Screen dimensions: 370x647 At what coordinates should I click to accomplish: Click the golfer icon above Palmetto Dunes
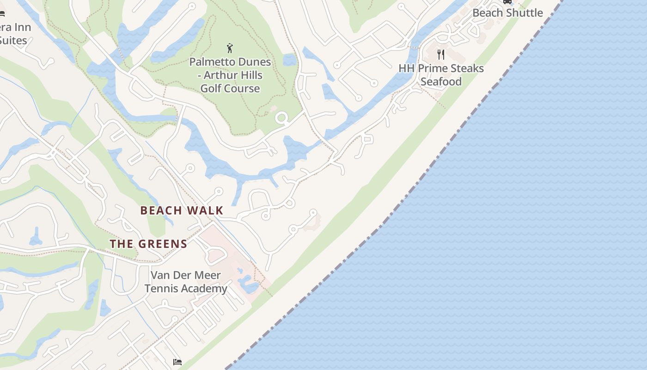pyautogui.click(x=230, y=48)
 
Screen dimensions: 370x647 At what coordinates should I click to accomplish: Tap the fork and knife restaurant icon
pyautogui.click(x=441, y=55)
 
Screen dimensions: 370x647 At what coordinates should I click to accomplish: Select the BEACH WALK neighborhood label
pyautogui.click(x=182, y=210)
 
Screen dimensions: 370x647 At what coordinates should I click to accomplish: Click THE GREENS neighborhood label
pyautogui.click(x=148, y=244)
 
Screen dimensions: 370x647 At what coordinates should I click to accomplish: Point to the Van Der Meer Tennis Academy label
pyautogui.click(x=186, y=282)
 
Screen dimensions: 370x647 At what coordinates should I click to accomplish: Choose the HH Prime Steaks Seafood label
pyautogui.click(x=441, y=75)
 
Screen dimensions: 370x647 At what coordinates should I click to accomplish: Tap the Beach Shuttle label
pyautogui.click(x=507, y=12)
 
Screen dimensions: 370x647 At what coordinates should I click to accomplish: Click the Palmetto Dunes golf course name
pyautogui.click(x=230, y=75)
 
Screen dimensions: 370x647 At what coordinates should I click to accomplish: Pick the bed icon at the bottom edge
pyautogui.click(x=177, y=362)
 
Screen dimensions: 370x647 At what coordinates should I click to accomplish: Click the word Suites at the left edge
pyautogui.click(x=13, y=40)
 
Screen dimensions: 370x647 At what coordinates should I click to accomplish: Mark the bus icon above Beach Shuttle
pyautogui.click(x=507, y=1)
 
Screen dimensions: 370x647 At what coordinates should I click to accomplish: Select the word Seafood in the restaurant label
pyautogui.click(x=441, y=81)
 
